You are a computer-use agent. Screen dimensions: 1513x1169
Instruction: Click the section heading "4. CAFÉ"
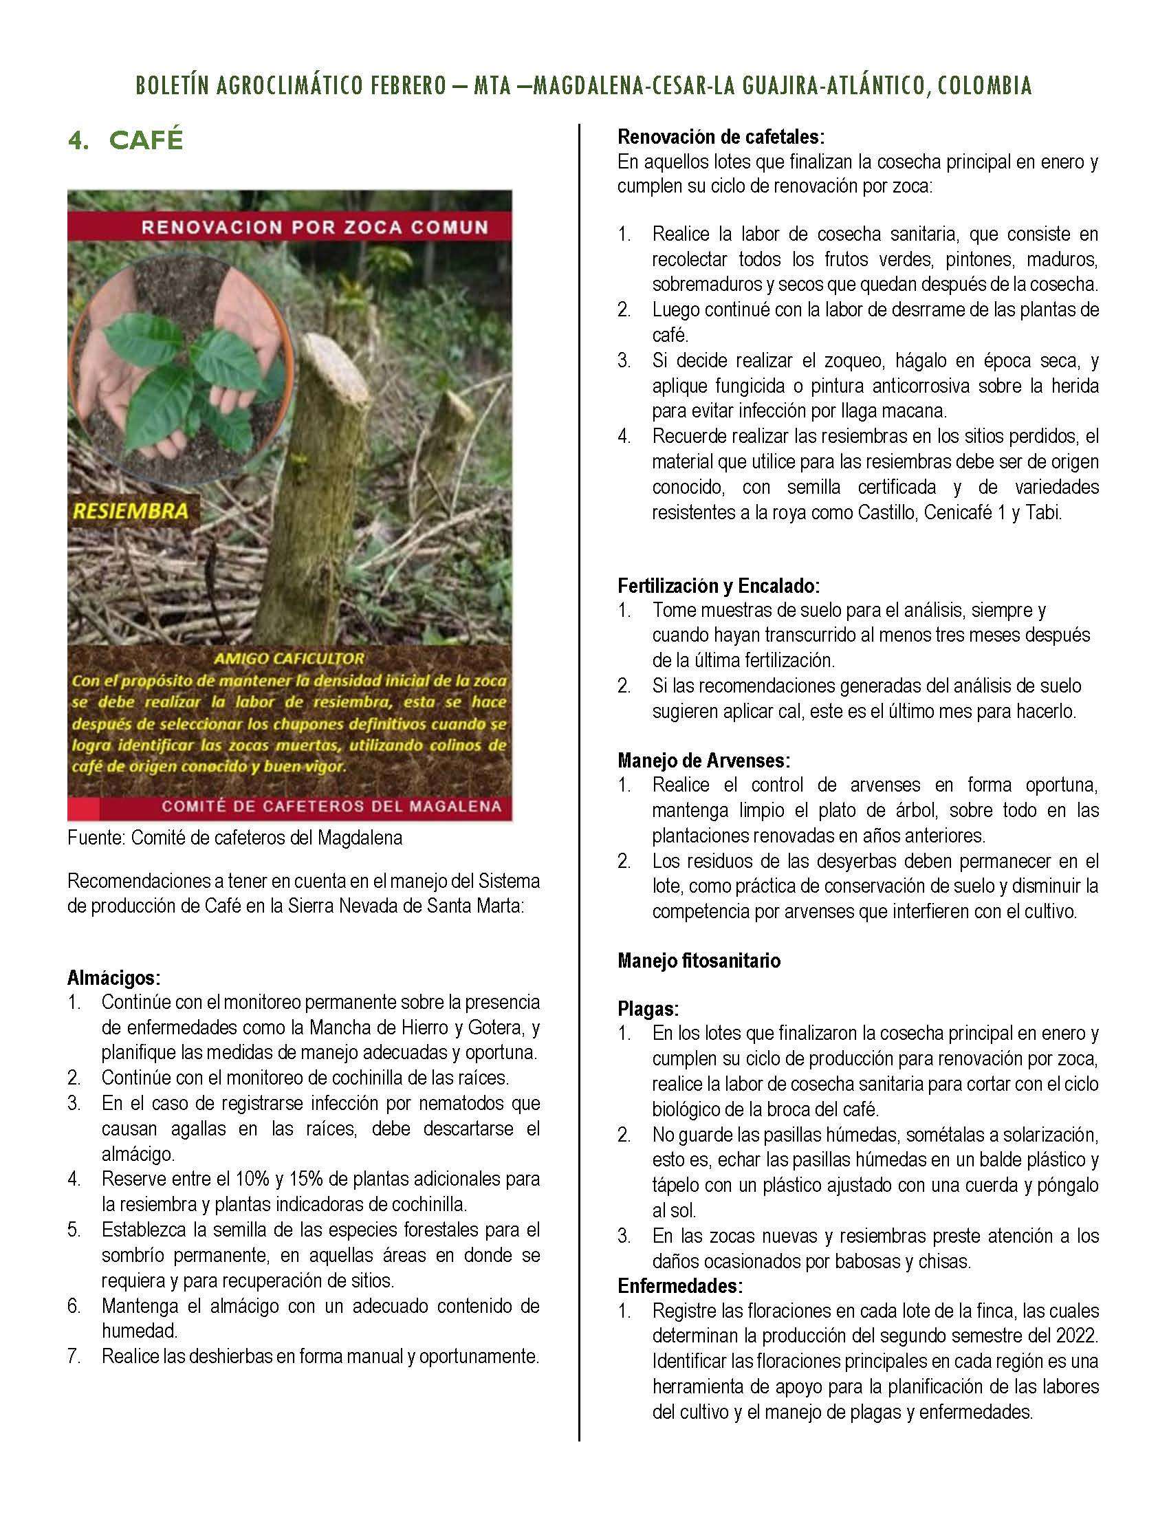click(125, 140)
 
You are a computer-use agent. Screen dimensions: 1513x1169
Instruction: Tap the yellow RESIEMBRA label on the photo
click(130, 511)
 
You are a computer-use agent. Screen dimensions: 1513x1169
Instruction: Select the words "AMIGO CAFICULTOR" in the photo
click(289, 659)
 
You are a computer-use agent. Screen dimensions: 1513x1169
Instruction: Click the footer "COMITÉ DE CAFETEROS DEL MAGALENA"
click(331, 807)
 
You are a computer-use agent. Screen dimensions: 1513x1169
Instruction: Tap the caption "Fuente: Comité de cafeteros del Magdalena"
click(234, 838)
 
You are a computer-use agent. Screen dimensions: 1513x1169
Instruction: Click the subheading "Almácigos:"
click(114, 977)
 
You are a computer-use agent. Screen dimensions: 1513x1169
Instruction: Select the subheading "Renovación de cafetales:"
click(721, 137)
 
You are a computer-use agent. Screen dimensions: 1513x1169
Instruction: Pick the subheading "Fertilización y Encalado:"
click(719, 585)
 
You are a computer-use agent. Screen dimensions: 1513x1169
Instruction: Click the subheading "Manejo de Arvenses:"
click(703, 761)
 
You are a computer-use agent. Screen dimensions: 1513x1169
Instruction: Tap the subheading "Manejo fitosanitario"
click(699, 961)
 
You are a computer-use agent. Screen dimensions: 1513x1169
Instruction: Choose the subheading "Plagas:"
click(648, 1009)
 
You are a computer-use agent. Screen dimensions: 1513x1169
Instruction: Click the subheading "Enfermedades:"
click(680, 1286)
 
